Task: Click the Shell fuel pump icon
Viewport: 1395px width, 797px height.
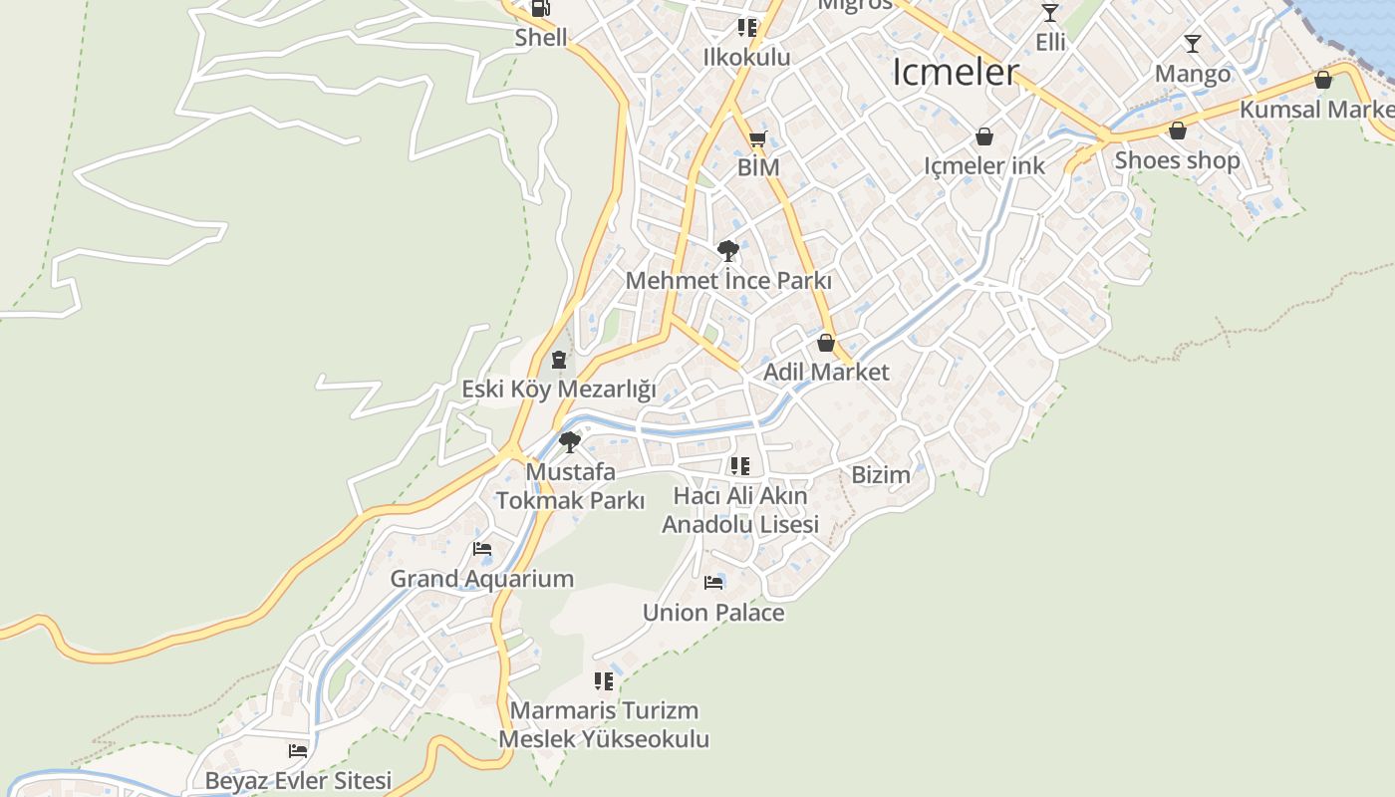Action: (x=540, y=8)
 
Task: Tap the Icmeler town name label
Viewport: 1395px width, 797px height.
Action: (x=956, y=72)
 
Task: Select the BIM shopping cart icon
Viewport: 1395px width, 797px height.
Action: (x=757, y=139)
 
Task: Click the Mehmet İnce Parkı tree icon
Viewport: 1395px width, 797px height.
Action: (x=727, y=251)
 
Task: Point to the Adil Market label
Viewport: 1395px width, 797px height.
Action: (x=826, y=372)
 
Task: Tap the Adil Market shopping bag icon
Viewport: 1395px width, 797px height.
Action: (x=825, y=344)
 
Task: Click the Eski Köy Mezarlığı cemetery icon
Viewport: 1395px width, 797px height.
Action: (x=558, y=360)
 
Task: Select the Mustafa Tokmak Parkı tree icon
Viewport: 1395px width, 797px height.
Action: (x=570, y=441)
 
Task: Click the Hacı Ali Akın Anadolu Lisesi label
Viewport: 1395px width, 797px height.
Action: (x=740, y=510)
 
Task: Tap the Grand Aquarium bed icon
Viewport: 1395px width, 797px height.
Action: (x=482, y=549)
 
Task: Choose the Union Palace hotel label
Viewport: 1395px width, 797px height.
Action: (x=713, y=613)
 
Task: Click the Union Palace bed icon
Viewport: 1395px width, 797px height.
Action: (x=713, y=583)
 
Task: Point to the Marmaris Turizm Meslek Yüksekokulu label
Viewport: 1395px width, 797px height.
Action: (x=604, y=725)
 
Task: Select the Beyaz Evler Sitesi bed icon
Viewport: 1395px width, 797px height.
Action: (x=298, y=751)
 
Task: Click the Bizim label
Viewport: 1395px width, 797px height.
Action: (x=881, y=475)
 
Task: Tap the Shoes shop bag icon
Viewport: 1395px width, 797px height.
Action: (x=1178, y=131)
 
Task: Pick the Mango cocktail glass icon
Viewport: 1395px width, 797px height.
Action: (x=1192, y=44)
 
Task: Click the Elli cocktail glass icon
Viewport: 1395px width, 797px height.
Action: (x=1049, y=13)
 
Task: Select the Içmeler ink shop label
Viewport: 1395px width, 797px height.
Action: (x=984, y=165)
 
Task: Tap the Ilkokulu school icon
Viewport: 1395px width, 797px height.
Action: (x=746, y=28)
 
